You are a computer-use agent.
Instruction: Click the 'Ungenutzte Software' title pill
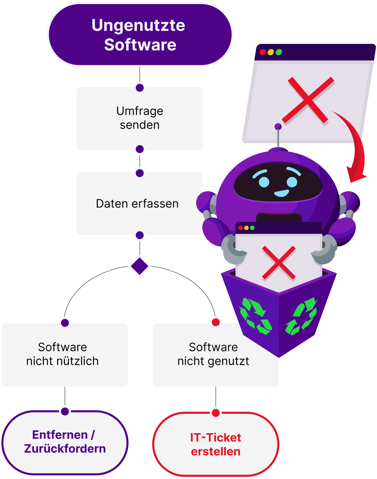(140, 35)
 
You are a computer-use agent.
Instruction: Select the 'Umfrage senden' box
(140, 118)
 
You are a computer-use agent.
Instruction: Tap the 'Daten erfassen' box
(137, 203)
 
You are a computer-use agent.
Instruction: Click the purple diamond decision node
(140, 266)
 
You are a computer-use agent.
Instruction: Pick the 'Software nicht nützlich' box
(65, 354)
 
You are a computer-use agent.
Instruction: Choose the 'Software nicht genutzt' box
(213, 354)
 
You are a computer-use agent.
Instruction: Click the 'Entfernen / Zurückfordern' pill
(65, 442)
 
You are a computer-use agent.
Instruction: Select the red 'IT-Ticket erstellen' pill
(216, 444)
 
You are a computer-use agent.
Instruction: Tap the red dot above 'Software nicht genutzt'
(216, 322)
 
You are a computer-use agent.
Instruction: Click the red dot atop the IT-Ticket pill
(216, 413)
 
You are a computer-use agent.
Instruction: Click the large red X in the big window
(308, 100)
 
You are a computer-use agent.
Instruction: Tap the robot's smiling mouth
(282, 194)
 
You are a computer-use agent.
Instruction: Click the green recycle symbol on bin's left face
(256, 316)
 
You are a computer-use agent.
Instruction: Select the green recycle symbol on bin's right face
(302, 316)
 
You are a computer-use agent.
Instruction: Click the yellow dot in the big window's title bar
(271, 52)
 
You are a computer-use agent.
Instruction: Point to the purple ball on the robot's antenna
(278, 127)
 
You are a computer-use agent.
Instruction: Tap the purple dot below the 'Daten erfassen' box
(140, 235)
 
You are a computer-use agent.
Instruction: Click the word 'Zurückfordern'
(65, 449)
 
